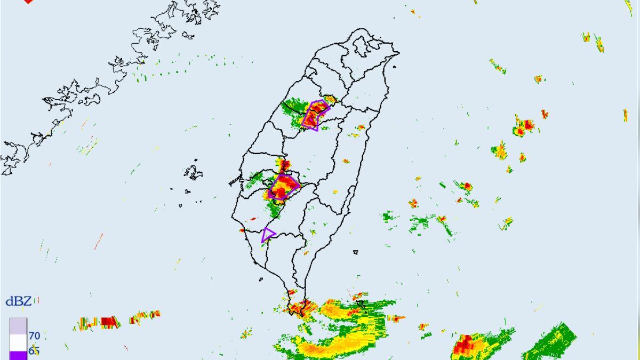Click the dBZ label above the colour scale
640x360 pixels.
19,302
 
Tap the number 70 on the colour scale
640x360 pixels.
35,336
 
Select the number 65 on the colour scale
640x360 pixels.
35,351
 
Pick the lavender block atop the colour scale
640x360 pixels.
18,326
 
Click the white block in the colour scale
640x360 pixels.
18,342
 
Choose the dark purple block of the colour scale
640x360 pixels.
18,355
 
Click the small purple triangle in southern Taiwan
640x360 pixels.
268,234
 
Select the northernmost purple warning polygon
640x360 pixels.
314,115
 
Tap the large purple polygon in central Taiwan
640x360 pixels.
283,187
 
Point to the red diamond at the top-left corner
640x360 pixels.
28,2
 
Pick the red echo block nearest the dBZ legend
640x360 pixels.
109,322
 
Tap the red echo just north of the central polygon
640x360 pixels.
285,165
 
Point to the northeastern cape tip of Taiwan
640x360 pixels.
397,53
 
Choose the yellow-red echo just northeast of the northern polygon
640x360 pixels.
331,99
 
